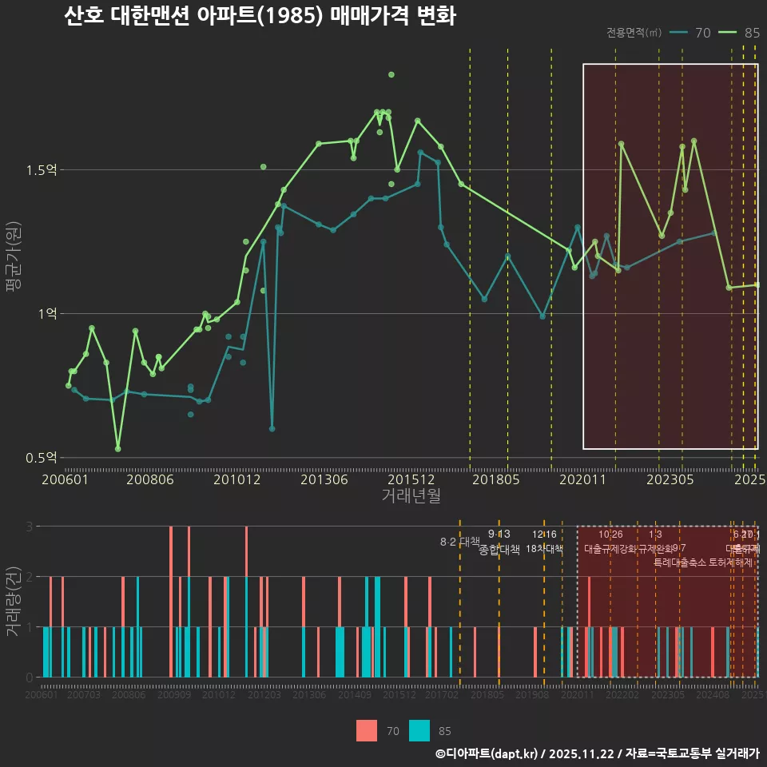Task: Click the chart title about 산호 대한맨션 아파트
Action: click(x=260, y=17)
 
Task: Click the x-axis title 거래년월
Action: click(x=411, y=495)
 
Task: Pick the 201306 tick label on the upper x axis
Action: click(x=326, y=479)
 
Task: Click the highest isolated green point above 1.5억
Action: click(x=391, y=74)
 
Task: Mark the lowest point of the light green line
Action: click(x=118, y=449)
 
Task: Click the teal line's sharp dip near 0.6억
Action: click(x=272, y=429)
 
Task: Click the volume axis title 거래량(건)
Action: click(x=14, y=601)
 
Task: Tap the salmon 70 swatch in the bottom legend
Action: click(x=367, y=730)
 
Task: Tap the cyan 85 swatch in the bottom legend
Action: click(x=419, y=730)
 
